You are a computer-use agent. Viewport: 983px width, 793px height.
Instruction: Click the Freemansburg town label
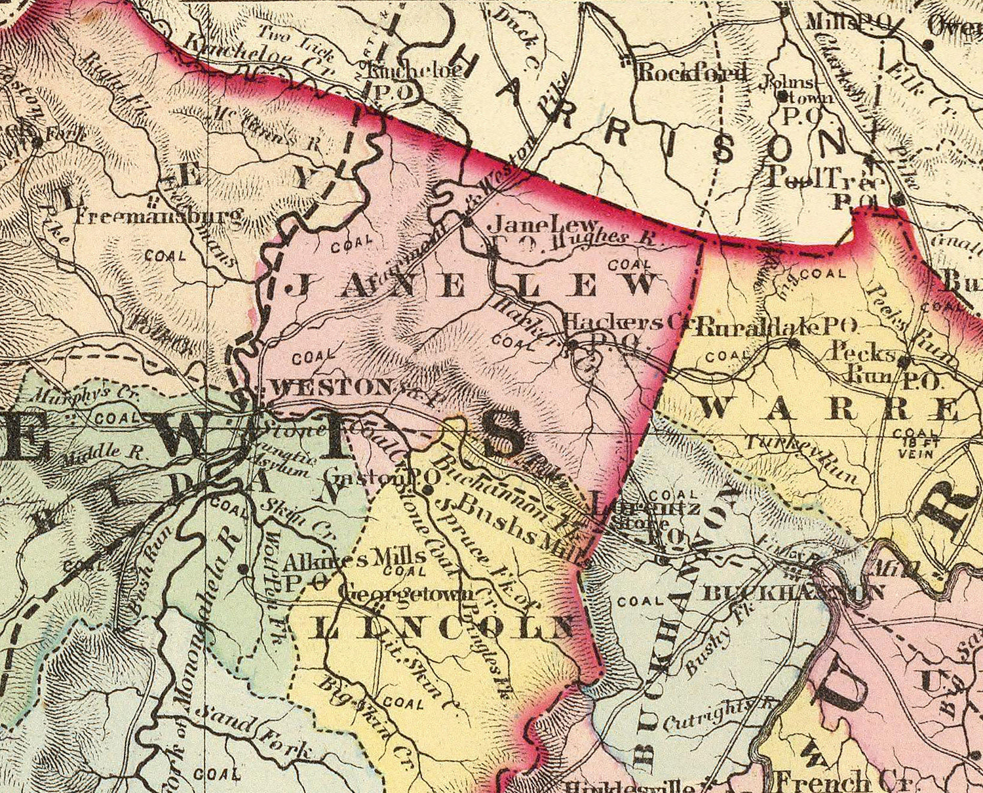coord(159,214)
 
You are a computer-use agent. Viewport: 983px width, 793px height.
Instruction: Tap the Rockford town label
coord(692,72)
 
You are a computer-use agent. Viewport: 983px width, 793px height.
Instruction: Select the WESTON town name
coord(331,387)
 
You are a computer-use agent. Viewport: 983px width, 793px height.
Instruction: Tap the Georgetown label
coord(407,594)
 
